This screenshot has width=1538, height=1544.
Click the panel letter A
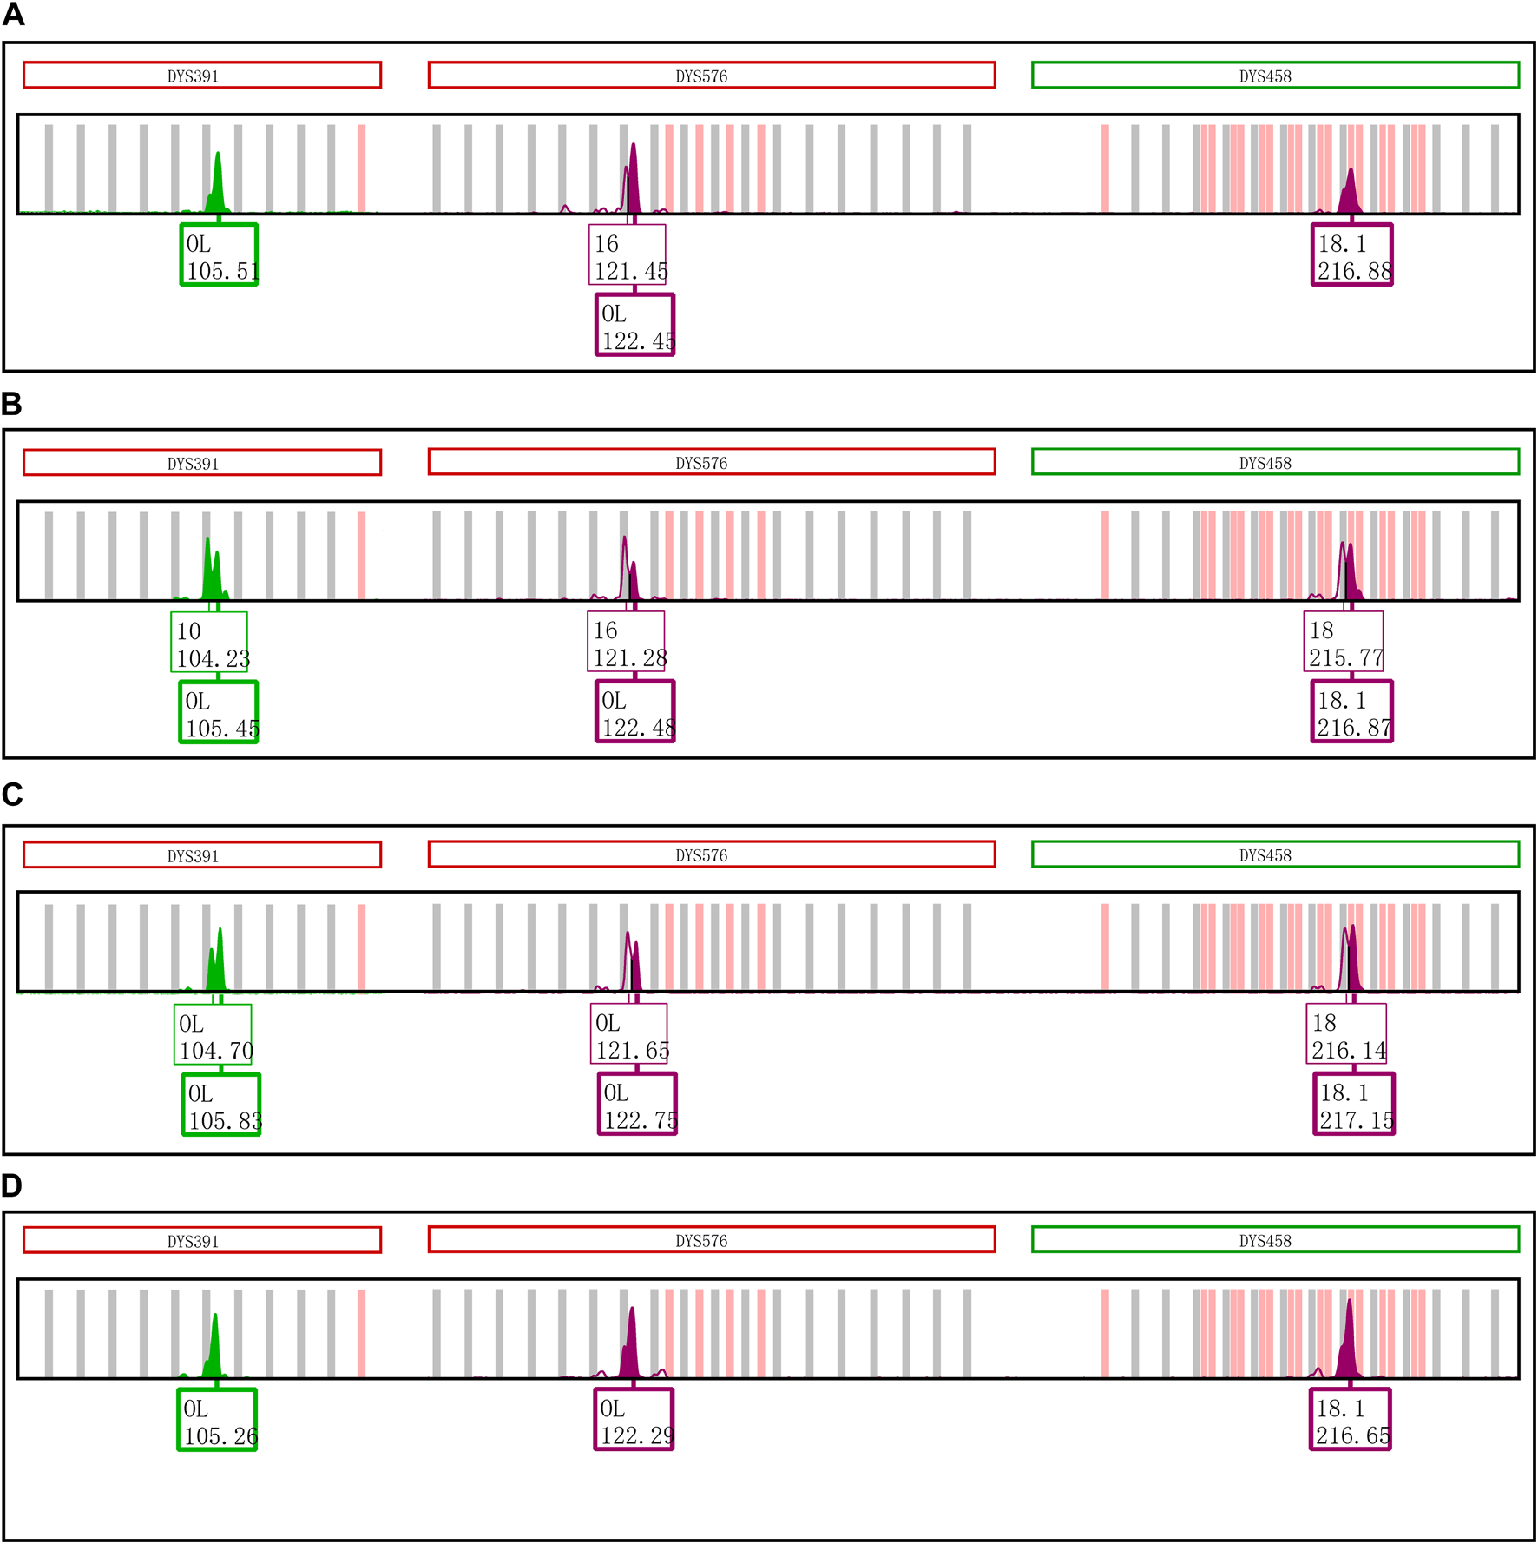pyautogui.click(x=13, y=15)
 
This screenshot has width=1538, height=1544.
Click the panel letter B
pyautogui.click(x=11, y=404)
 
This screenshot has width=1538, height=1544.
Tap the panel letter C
pyautogui.click(x=12, y=794)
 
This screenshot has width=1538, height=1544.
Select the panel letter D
pyautogui.click(x=12, y=1185)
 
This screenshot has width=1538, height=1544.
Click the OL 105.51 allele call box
pyautogui.click(x=219, y=254)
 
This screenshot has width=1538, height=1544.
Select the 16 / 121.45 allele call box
pyautogui.click(x=628, y=254)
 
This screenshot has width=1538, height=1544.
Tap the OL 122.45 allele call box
pyautogui.click(x=635, y=324)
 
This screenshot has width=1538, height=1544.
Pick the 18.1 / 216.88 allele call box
pyautogui.click(x=1352, y=254)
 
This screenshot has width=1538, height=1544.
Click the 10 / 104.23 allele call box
pyautogui.click(x=209, y=642)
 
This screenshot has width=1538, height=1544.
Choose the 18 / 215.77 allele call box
pyautogui.click(x=1344, y=642)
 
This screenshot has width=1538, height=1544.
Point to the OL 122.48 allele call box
pyautogui.click(x=635, y=711)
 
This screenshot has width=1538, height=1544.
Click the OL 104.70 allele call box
pyautogui.click(x=213, y=1033)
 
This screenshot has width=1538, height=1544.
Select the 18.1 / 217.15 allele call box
pyautogui.click(x=1354, y=1104)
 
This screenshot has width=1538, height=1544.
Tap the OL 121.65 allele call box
pyautogui.click(x=629, y=1033)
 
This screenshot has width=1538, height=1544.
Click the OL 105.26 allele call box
pyautogui.click(x=217, y=1420)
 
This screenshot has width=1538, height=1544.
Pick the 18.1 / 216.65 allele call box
pyautogui.click(x=1351, y=1420)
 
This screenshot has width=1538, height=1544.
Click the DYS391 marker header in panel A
pyautogui.click(x=202, y=76)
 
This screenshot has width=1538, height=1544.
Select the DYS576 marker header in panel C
pyautogui.click(x=711, y=854)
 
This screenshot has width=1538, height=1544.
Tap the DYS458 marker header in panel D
pyautogui.click(x=1275, y=1240)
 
